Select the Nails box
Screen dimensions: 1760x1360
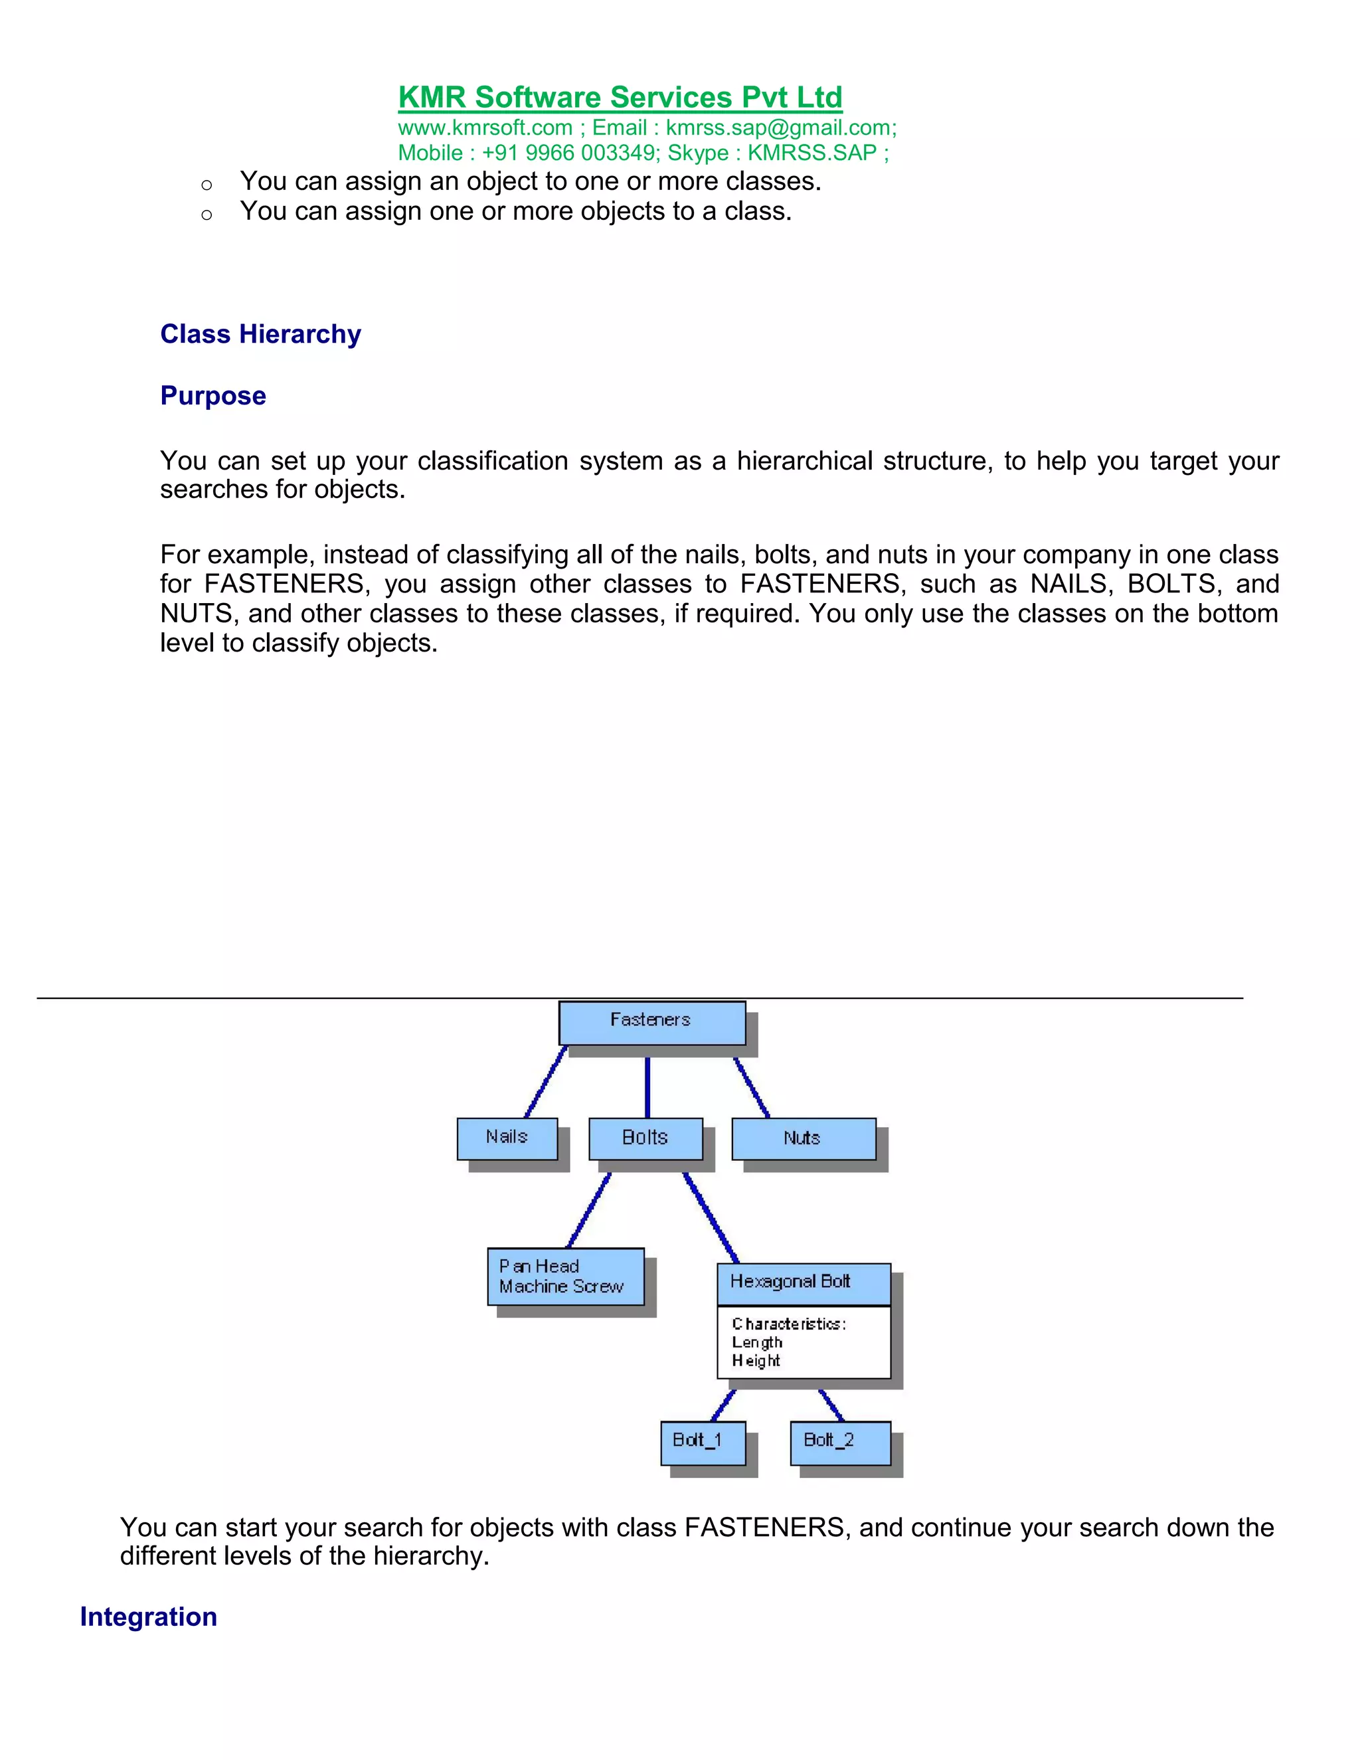point(507,1137)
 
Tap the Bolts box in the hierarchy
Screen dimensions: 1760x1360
point(645,1137)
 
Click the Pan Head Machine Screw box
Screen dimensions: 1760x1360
point(565,1276)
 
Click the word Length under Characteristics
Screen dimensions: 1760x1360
point(756,1342)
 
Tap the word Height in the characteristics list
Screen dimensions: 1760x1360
point(756,1361)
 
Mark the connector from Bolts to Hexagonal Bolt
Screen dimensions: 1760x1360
point(711,1217)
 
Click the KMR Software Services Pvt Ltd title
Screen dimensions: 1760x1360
point(620,97)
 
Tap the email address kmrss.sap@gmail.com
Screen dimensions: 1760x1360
point(779,128)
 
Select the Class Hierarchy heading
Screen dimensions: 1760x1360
point(260,333)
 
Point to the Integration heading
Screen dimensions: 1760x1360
point(148,1617)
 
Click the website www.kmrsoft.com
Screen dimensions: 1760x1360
point(485,128)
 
